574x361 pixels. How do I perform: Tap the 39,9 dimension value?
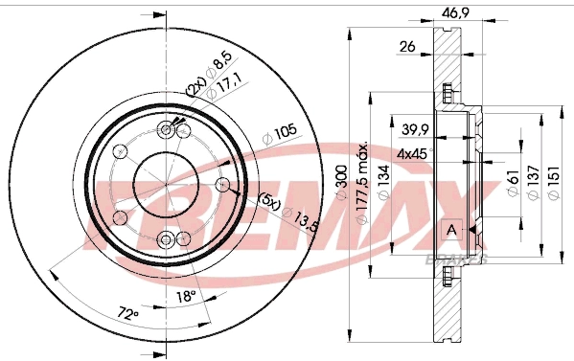414,129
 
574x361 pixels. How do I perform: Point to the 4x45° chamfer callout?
414,152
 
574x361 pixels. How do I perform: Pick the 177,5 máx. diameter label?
364,183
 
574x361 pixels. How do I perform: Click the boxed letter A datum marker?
451,230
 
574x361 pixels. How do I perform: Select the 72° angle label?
128,312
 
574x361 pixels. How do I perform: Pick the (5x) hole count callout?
267,202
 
